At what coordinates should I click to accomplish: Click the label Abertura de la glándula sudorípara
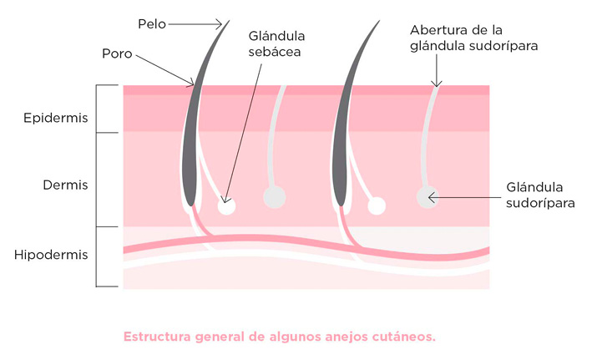coord(472,38)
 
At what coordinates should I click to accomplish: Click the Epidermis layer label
coord(56,118)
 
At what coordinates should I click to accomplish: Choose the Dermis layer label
coord(65,185)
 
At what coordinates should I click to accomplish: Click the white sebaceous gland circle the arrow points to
coord(226,205)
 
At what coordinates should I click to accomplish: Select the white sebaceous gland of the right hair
coord(377,205)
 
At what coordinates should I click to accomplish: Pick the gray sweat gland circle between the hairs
coord(274,197)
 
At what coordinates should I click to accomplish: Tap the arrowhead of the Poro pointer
coord(192,84)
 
